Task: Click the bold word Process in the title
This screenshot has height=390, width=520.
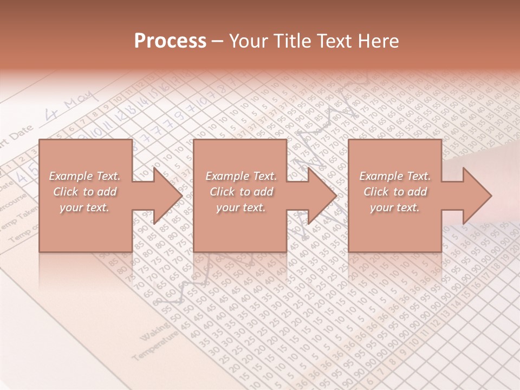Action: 170,41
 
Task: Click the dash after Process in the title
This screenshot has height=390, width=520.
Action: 217,42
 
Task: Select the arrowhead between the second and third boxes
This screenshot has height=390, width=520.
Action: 316,196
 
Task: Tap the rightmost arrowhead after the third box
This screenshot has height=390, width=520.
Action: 471,196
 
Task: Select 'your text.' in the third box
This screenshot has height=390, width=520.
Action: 395,207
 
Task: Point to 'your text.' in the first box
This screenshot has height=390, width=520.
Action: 84,207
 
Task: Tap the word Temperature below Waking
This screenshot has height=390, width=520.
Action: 154,347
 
